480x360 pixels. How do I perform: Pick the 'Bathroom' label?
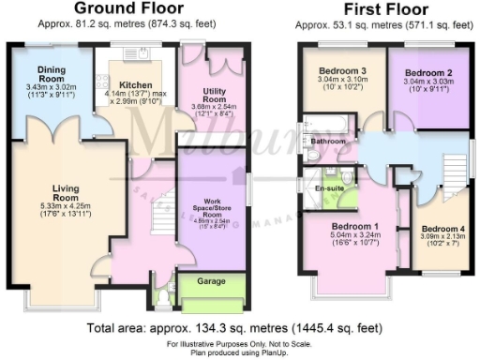tap(329, 142)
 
